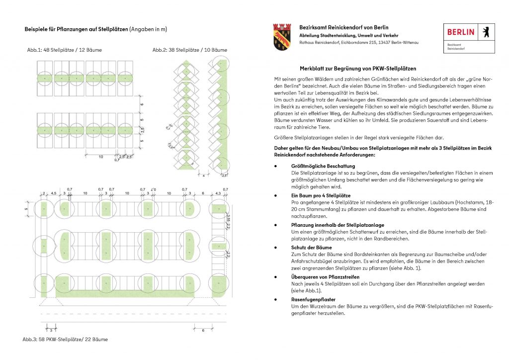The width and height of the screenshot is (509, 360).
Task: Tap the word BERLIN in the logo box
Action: pyautogui.click(x=461, y=32)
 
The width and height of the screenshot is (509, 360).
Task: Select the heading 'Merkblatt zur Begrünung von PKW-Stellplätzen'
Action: pyautogui.click(x=357, y=68)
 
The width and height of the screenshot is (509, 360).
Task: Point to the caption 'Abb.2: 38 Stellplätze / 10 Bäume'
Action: pyautogui.click(x=190, y=50)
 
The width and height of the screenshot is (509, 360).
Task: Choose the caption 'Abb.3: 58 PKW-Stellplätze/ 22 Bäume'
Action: pyautogui.click(x=65, y=339)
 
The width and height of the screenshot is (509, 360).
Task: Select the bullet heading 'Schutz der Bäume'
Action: pyautogui.click(x=312, y=247)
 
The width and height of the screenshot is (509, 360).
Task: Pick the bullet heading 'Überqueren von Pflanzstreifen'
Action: pyautogui.click(x=326, y=276)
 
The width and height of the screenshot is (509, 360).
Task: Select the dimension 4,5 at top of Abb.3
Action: pyautogui.click(x=53, y=193)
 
